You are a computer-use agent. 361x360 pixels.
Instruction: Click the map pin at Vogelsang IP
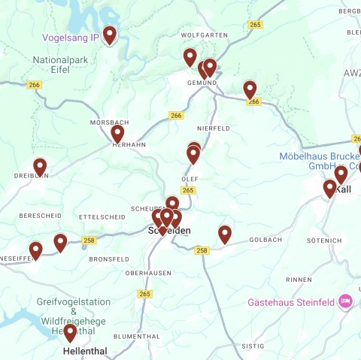click(110, 35)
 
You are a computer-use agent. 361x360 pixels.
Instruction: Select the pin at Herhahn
click(117, 134)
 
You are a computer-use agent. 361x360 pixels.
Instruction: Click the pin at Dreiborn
click(40, 167)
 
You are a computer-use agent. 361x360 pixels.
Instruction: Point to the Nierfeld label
click(213, 129)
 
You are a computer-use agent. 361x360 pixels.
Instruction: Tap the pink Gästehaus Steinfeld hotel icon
click(345, 301)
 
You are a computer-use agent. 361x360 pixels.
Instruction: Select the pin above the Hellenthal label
click(70, 332)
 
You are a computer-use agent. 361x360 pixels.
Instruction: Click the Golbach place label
click(265, 240)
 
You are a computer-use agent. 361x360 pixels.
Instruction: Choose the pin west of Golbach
click(224, 234)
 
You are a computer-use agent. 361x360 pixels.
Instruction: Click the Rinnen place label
click(299, 279)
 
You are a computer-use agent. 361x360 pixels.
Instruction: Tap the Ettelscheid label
click(102, 216)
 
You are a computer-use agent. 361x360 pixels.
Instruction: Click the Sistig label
click(248, 346)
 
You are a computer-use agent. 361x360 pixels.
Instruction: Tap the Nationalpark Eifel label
click(62, 64)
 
